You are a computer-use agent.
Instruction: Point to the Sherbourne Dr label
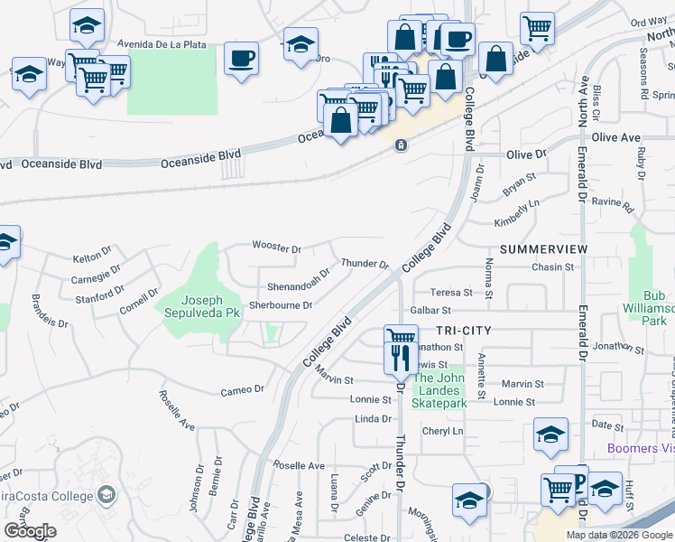tap(281, 305)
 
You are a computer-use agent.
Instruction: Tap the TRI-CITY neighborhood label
tap(463, 331)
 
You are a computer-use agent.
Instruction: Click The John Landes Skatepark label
tap(440, 390)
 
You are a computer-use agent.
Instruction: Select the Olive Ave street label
tap(615, 137)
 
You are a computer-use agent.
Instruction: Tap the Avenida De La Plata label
tap(162, 43)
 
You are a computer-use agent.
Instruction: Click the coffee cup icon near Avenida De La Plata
tap(241, 60)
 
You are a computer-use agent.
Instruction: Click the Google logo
tap(29, 531)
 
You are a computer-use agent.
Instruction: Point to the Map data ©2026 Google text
tap(618, 535)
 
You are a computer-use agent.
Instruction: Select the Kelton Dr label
tap(90, 258)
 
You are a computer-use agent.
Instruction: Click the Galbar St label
tap(430, 310)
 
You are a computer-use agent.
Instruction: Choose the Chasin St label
tap(552, 267)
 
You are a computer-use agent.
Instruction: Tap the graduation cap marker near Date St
tap(550, 435)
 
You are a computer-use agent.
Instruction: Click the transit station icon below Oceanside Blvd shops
tap(400, 145)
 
